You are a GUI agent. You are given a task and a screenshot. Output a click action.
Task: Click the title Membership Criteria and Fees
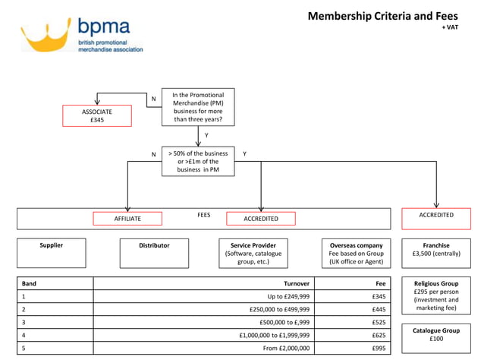(x=382, y=16)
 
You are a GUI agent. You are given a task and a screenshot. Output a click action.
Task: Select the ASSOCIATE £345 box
(x=97, y=115)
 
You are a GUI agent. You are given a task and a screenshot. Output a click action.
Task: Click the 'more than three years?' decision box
(x=198, y=106)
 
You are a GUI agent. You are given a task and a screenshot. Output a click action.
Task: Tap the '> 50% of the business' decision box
(x=198, y=161)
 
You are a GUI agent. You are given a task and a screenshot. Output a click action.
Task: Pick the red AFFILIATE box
(x=127, y=219)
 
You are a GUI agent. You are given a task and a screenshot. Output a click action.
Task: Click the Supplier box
(x=51, y=253)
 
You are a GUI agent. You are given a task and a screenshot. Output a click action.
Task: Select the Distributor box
(x=154, y=253)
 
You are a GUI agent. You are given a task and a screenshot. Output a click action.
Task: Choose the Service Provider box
(x=253, y=253)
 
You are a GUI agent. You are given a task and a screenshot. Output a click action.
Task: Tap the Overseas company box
(x=356, y=253)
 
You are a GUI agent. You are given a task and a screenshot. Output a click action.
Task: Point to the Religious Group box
(x=436, y=299)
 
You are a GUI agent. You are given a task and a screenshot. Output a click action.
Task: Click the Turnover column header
(x=296, y=283)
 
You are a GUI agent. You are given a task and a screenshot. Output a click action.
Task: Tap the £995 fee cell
(x=379, y=348)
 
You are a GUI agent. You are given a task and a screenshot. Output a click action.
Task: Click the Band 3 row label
(x=24, y=322)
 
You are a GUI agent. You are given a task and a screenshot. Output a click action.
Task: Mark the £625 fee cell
(x=379, y=335)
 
